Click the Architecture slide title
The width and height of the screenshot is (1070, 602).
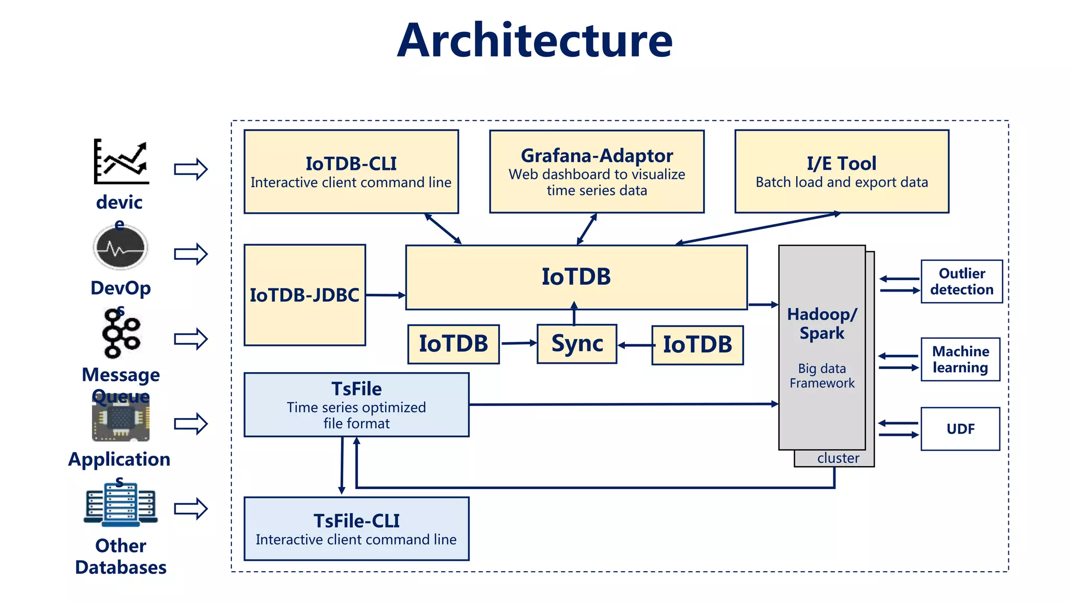tap(534, 41)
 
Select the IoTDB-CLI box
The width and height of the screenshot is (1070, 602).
tap(351, 171)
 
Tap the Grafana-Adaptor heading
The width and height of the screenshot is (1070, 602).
tap(597, 156)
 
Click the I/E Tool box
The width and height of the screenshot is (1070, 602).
tap(841, 171)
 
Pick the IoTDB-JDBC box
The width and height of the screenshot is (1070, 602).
tap(305, 295)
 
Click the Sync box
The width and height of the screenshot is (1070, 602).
tap(577, 344)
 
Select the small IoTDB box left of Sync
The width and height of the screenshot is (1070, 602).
tap(453, 344)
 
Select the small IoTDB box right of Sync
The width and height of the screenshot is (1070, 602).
tap(697, 345)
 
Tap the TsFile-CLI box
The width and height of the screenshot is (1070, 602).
tap(356, 529)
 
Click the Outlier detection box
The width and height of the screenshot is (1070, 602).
tap(961, 282)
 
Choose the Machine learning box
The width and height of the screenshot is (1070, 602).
tap(960, 360)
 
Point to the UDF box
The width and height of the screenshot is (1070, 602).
tap(960, 429)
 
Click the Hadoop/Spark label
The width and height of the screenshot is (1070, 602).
tap(822, 323)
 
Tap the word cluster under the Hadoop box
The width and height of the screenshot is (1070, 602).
tap(838, 458)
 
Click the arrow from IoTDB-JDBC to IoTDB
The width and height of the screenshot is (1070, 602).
tap(386, 295)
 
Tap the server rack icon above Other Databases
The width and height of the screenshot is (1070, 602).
tap(121, 505)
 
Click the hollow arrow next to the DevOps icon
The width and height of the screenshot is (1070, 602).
tap(191, 254)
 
